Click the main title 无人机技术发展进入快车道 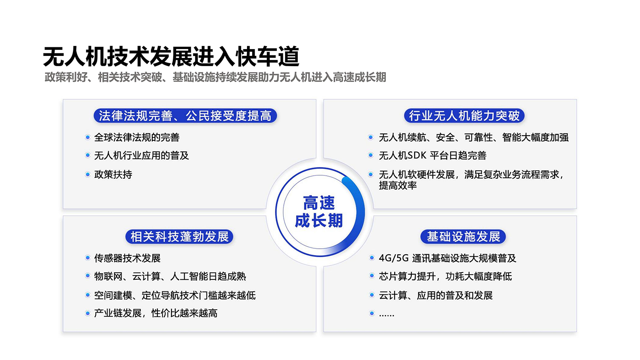(x=171, y=57)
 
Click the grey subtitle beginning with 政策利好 (x=215, y=77)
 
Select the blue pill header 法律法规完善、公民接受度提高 (x=185, y=116)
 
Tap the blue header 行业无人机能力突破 (x=464, y=116)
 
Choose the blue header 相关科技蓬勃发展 (x=179, y=236)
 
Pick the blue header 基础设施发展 (x=463, y=236)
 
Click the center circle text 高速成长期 (x=319, y=212)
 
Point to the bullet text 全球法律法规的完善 (x=137, y=137)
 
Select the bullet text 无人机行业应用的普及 (x=141, y=156)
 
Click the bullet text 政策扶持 (x=113, y=174)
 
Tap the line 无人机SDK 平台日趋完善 (x=432, y=156)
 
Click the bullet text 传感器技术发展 (x=127, y=258)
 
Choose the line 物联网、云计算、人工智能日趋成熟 (x=170, y=276)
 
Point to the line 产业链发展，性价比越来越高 (x=156, y=313)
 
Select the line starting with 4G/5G (x=447, y=258)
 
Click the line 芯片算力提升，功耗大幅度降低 (x=445, y=276)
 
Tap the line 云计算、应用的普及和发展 (x=436, y=295)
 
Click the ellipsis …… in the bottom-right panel (x=387, y=314)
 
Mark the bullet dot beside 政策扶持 (x=87, y=174)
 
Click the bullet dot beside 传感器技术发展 (x=87, y=258)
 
